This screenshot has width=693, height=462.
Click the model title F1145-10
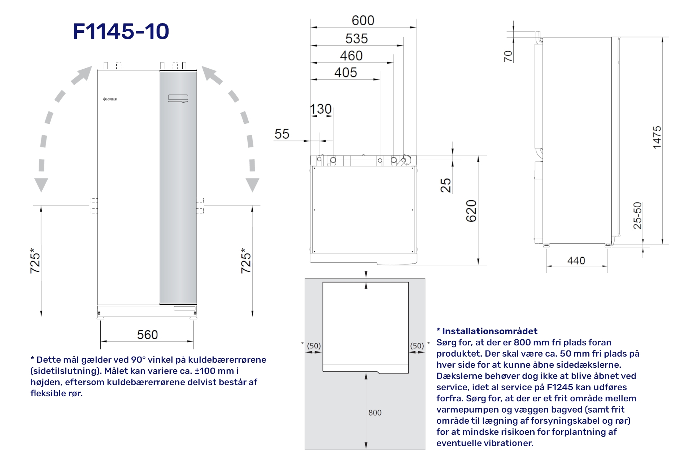(121, 31)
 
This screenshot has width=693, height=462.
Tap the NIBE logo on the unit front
(110, 99)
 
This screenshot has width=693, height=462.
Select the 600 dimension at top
(363, 21)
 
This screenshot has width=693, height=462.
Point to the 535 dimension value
(357, 39)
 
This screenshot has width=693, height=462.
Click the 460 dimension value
(351, 56)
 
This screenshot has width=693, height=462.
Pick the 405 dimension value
(345, 73)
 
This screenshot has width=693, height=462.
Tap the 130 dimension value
(321, 109)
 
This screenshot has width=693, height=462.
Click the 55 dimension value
(282, 134)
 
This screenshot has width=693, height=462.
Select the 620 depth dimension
(471, 211)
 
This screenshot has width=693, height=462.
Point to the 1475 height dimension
(657, 137)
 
